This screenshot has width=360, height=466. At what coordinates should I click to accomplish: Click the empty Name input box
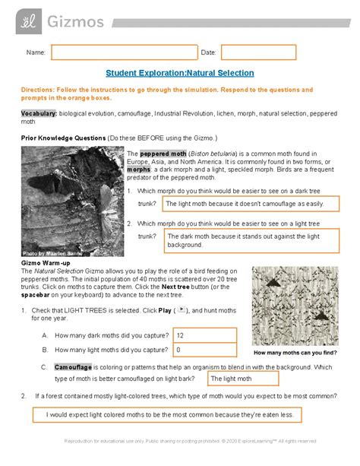click(x=124, y=52)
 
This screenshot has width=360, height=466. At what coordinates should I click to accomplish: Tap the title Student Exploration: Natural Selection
click(x=180, y=73)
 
